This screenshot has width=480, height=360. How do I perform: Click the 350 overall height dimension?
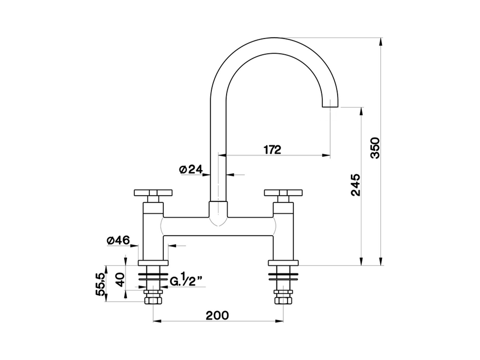pyautogui.click(x=375, y=148)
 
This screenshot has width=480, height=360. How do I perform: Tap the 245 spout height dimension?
pyautogui.click(x=355, y=185)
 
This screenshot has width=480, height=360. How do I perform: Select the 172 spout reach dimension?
pyautogui.click(x=272, y=150)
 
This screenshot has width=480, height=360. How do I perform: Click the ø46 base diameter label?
pyautogui.click(x=118, y=240)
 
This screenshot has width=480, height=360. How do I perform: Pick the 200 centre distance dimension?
pyautogui.click(x=217, y=315)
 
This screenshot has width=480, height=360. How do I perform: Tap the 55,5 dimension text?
pyautogui.click(x=100, y=285)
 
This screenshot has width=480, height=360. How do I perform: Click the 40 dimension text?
pyautogui.click(x=120, y=280)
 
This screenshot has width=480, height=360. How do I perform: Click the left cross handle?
pyautogui.click(x=154, y=193)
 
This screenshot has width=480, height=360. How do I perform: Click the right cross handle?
pyautogui.click(x=283, y=193)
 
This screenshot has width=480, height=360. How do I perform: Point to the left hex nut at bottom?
pyautogui.click(x=153, y=300)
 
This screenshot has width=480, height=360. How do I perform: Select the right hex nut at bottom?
pyautogui.click(x=283, y=300)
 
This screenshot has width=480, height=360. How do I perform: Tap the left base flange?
pyautogui.click(x=154, y=263)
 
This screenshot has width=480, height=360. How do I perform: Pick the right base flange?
pyautogui.click(x=283, y=263)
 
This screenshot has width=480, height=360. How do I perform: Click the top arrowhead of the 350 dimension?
pyautogui.click(x=381, y=41)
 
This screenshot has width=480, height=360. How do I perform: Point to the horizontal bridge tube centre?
pyautogui.click(x=218, y=226)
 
